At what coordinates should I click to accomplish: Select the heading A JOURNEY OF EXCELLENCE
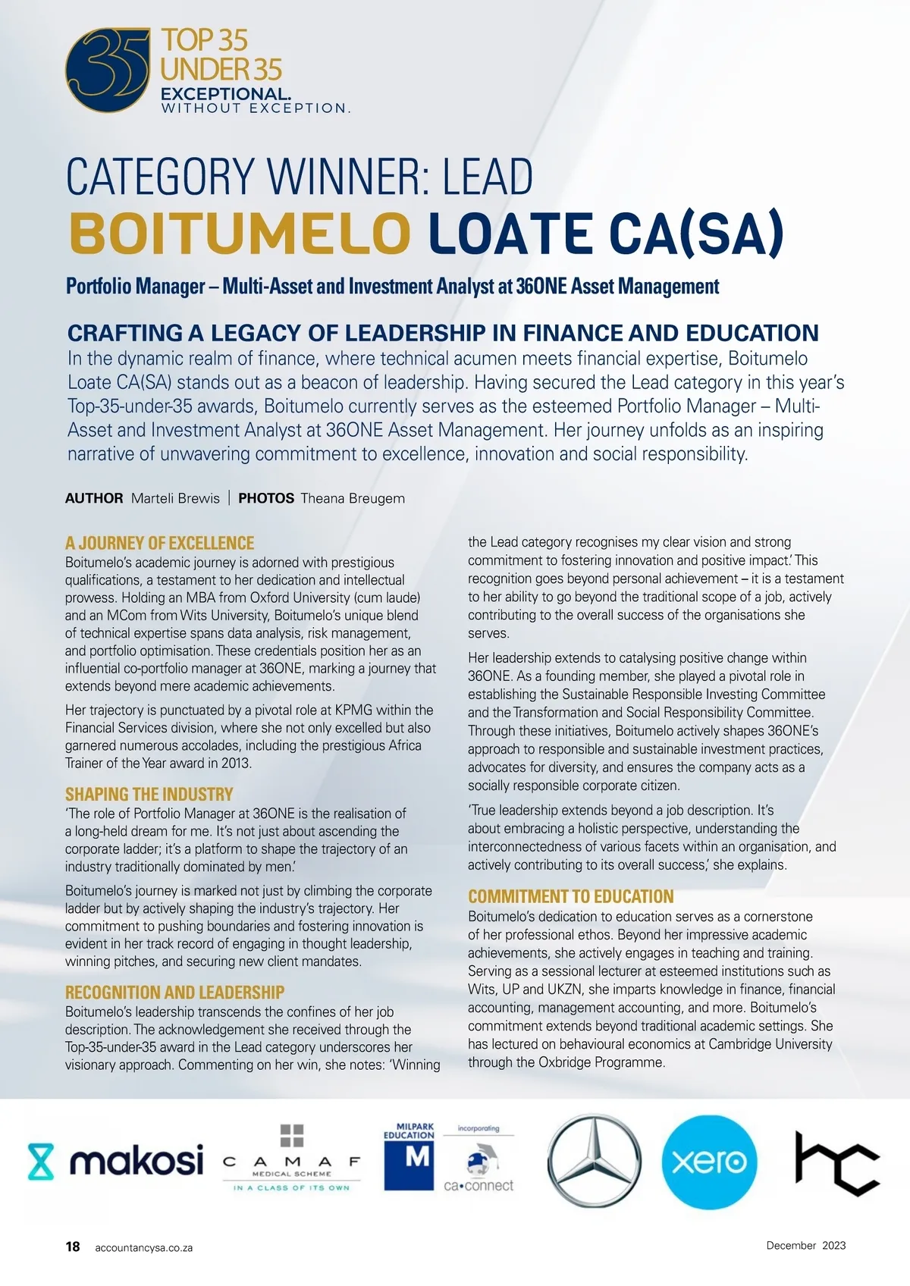click(159, 543)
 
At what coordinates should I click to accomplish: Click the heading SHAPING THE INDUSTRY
click(149, 794)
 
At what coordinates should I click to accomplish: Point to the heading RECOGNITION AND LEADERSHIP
click(174, 992)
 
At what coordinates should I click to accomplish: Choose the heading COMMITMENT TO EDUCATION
click(570, 896)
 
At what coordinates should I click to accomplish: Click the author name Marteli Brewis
click(175, 498)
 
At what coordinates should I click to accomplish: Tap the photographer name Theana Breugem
click(353, 498)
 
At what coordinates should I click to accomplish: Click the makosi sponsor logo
click(116, 1161)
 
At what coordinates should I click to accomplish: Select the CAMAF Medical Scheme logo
click(292, 1160)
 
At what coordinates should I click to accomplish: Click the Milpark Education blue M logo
click(409, 1157)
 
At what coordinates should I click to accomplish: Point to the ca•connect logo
click(479, 1172)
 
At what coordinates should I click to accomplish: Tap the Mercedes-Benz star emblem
click(594, 1161)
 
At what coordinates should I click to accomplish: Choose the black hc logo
click(836, 1161)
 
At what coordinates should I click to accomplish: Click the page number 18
click(73, 1247)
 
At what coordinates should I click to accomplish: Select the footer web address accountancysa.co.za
click(143, 1247)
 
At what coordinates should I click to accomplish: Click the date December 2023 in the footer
click(805, 1245)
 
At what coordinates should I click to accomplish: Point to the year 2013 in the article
click(234, 763)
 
